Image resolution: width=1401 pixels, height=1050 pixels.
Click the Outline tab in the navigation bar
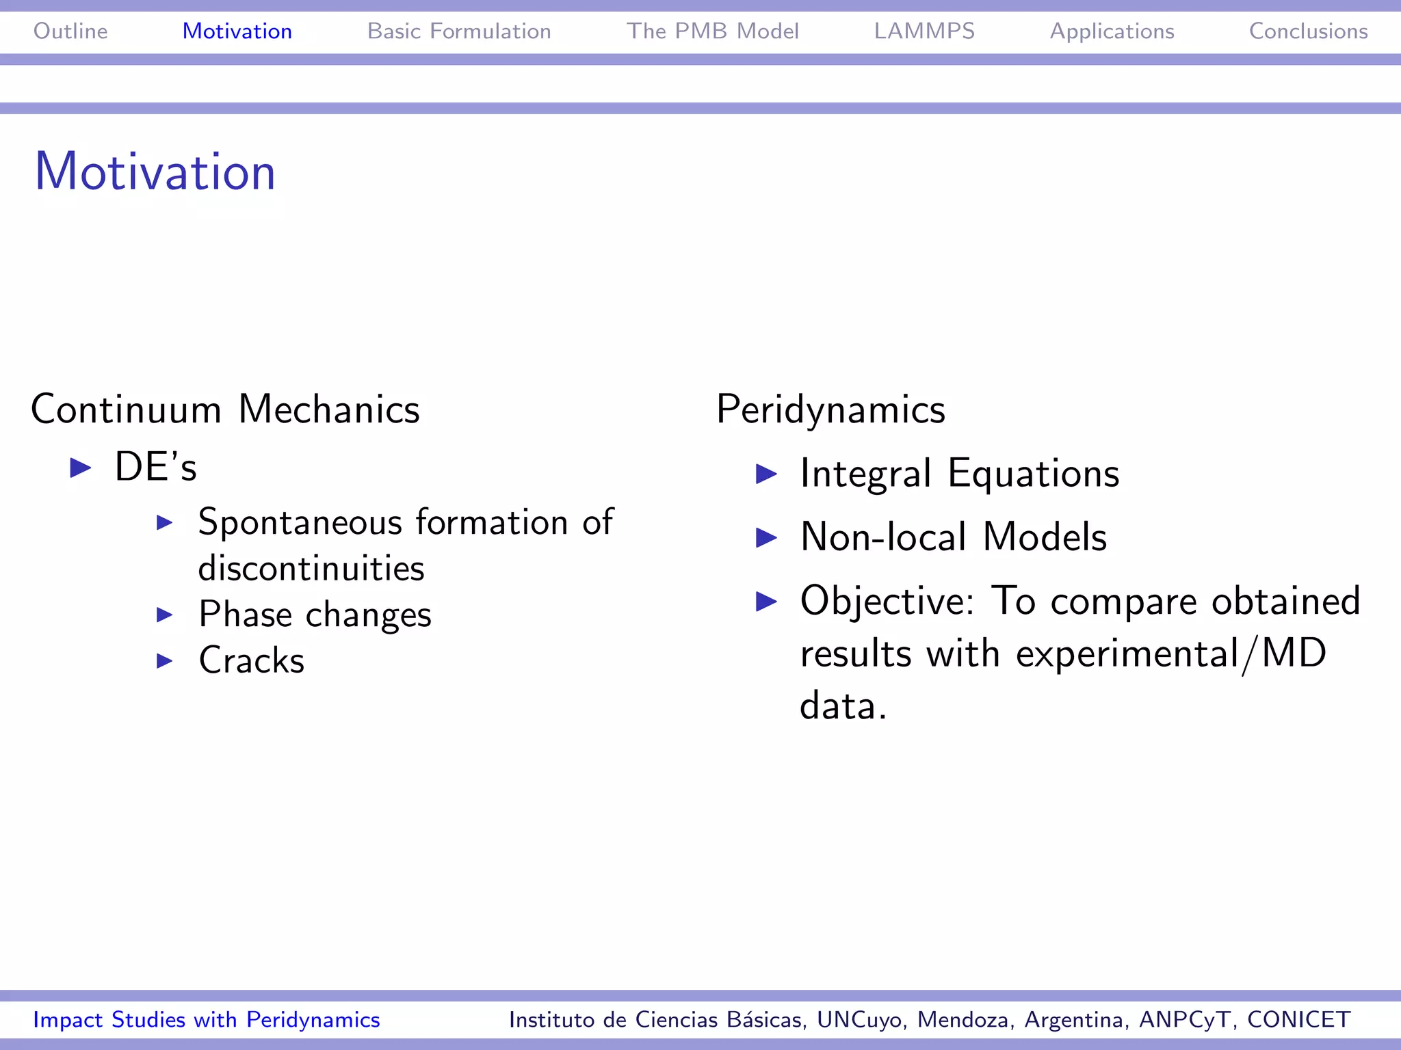(70, 31)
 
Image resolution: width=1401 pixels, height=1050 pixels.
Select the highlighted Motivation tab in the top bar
(237, 31)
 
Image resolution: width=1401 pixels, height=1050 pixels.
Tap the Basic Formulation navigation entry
(459, 31)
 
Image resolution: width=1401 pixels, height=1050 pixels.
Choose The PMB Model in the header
(712, 31)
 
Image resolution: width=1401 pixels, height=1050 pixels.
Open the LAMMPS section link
(924, 31)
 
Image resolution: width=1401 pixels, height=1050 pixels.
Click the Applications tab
(1112, 31)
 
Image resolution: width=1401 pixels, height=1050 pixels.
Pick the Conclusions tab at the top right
(1308, 31)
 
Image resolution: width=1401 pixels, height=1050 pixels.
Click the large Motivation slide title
(155, 172)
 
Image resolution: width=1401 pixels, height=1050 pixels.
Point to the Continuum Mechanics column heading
(225, 409)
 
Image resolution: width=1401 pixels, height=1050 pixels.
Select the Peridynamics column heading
(830, 409)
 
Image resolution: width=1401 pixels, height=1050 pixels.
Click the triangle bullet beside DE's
(81, 468)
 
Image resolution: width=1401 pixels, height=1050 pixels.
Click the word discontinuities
(311, 569)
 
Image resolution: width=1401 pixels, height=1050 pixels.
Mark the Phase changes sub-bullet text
(315, 615)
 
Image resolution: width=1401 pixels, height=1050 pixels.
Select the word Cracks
(251, 660)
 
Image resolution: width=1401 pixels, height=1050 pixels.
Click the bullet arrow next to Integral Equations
(766, 474)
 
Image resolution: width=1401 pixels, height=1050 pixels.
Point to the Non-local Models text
(953, 537)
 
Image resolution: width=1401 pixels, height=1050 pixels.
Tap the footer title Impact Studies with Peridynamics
(207, 1019)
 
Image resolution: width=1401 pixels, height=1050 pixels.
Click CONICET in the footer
(1298, 1019)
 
